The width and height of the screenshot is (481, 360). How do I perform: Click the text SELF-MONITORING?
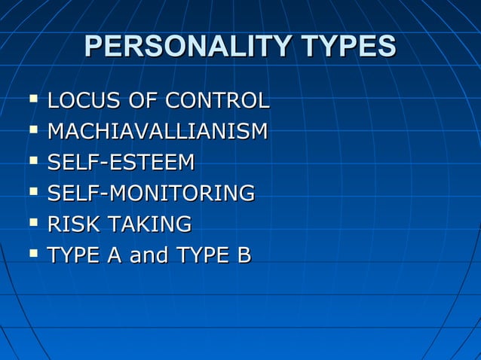151,194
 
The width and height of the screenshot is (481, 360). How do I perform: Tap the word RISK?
74,224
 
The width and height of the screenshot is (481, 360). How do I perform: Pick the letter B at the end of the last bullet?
243,256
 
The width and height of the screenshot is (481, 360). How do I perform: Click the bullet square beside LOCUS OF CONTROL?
32,99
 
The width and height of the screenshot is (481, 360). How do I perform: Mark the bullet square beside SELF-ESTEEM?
32,160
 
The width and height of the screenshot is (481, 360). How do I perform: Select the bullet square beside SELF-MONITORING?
32,191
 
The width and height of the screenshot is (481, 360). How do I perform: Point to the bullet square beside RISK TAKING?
32,222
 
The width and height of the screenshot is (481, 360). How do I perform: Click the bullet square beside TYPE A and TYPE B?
32,254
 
